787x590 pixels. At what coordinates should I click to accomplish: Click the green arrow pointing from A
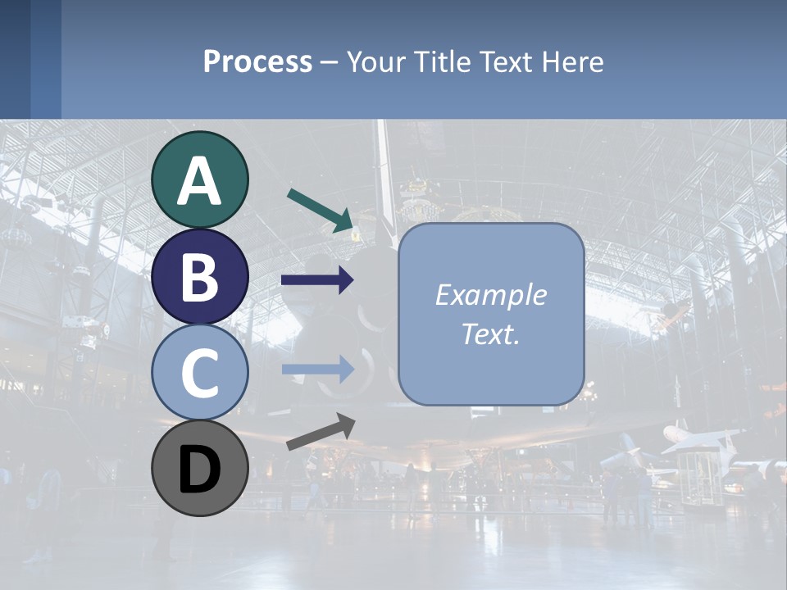point(321,208)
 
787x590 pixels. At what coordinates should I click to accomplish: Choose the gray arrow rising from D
point(321,432)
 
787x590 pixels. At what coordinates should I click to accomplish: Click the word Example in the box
point(490,295)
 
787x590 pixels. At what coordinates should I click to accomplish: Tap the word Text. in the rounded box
point(490,334)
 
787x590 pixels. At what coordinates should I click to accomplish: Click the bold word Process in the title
point(257,61)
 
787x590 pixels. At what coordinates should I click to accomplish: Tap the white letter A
point(200,181)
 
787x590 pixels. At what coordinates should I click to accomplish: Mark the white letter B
point(200,277)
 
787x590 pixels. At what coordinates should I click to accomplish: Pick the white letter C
point(200,374)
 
